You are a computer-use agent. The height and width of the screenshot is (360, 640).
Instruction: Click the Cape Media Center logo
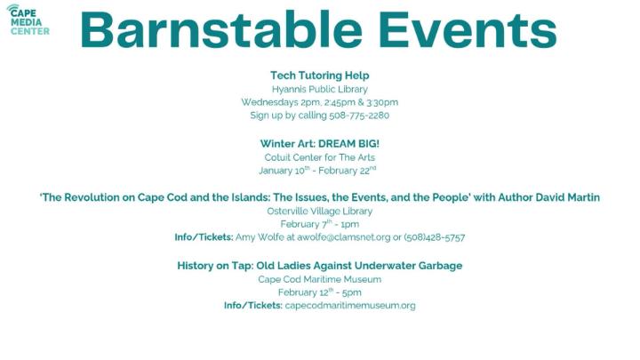[29, 19]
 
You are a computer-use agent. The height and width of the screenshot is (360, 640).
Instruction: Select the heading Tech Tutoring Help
[319, 76]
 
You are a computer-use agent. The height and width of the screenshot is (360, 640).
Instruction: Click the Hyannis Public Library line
[319, 89]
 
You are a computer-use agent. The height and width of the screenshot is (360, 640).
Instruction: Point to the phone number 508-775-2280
[358, 115]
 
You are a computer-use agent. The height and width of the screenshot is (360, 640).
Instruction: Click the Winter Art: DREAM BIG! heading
[319, 143]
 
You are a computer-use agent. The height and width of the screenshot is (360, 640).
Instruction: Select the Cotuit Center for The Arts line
[319, 156]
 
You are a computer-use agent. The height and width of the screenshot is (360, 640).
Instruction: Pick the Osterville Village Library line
[319, 211]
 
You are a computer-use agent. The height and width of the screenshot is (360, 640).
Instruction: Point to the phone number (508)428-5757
[436, 237]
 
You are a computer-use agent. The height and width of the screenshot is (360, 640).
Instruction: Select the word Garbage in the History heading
[435, 265]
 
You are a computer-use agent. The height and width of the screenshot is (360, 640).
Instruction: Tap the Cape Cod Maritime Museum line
[319, 278]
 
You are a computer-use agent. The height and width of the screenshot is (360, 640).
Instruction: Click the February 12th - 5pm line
[319, 292]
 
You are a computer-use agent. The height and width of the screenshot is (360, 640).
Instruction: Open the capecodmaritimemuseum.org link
[349, 306]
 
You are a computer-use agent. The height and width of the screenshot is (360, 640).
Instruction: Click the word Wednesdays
[270, 102]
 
